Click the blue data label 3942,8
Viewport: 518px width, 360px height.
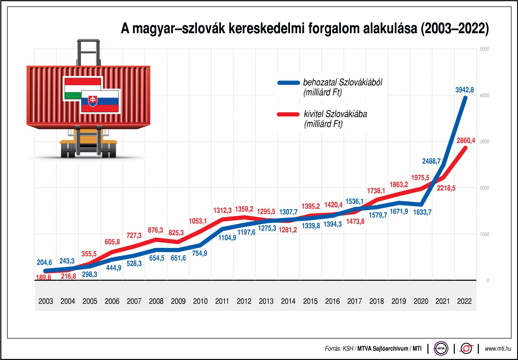pyautogui.click(x=464, y=90)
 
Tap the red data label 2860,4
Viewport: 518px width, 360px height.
pyautogui.click(x=465, y=141)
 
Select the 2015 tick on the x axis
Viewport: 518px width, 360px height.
pyautogui.click(x=310, y=301)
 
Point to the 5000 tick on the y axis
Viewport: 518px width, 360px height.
pyautogui.click(x=484, y=49)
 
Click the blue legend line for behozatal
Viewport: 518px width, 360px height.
pyautogui.click(x=288, y=83)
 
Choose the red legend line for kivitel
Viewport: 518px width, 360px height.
pyautogui.click(x=288, y=114)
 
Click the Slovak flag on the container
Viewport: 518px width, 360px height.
pyautogui.click(x=100, y=101)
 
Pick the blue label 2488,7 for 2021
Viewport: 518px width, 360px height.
pyautogui.click(x=431, y=161)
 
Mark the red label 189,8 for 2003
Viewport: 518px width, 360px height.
pyautogui.click(x=44, y=277)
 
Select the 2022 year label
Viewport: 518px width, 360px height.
pyautogui.click(x=464, y=301)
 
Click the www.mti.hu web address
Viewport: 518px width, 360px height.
pyautogui.click(x=498, y=349)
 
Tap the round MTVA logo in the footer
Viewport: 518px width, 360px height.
pyautogui.click(x=441, y=348)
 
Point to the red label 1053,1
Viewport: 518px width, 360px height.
pyautogui.click(x=198, y=221)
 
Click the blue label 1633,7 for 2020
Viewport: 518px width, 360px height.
pyautogui.click(x=422, y=212)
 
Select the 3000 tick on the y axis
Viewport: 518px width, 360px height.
pyautogui.click(x=484, y=141)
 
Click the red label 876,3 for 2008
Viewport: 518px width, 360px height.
pyautogui.click(x=155, y=230)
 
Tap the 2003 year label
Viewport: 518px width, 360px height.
pyautogui.click(x=46, y=301)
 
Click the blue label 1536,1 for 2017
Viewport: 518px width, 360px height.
pyautogui.click(x=354, y=202)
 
